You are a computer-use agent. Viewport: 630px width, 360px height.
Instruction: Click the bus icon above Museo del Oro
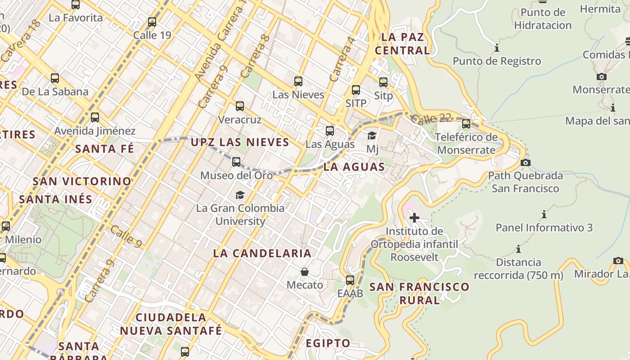click(x=236, y=162)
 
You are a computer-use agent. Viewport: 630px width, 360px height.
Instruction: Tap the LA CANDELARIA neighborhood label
click(x=262, y=253)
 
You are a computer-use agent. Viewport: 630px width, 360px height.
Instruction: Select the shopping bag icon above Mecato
click(x=305, y=272)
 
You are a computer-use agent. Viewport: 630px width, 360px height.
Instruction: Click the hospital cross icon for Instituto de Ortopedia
click(x=414, y=218)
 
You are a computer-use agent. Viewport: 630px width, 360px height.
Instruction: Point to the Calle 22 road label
click(x=431, y=119)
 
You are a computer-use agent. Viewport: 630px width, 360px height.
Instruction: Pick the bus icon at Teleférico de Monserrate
click(x=466, y=123)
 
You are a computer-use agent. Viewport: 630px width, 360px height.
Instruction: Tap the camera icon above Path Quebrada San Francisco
click(x=525, y=162)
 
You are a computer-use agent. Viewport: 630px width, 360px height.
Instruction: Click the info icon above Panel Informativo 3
click(x=544, y=214)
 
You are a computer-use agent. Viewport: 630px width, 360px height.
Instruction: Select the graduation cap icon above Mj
click(x=372, y=135)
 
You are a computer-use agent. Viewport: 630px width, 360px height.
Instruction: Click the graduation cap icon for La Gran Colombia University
click(x=240, y=195)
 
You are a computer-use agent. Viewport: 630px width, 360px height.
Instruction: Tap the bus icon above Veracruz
click(x=240, y=106)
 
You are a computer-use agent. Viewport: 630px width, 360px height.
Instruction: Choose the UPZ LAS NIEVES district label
click(x=240, y=143)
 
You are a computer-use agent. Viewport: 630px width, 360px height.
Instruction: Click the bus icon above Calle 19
click(x=152, y=22)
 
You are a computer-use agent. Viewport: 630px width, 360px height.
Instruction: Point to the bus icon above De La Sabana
click(x=55, y=78)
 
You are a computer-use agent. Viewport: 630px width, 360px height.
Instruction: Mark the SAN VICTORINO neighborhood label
click(x=82, y=181)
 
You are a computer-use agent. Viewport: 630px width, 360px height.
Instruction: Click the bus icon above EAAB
click(x=350, y=280)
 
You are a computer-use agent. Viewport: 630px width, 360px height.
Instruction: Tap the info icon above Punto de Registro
click(x=497, y=48)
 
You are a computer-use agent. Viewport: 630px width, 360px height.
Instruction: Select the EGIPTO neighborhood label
click(x=328, y=343)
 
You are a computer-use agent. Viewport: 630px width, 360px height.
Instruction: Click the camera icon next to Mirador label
click(x=618, y=261)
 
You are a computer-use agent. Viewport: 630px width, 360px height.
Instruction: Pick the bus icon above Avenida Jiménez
click(x=94, y=117)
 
